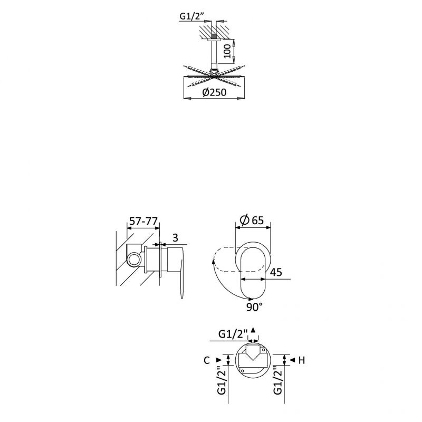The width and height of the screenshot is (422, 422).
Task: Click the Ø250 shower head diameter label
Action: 214,92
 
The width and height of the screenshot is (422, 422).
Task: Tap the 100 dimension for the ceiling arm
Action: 227,51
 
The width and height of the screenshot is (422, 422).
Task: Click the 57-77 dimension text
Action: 143,221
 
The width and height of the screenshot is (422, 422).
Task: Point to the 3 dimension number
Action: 175,238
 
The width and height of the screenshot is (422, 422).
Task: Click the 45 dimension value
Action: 276,272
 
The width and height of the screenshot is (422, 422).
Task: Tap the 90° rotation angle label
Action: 254,307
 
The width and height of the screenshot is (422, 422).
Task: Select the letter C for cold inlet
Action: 206,360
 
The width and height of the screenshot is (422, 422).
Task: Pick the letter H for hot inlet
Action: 302,360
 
